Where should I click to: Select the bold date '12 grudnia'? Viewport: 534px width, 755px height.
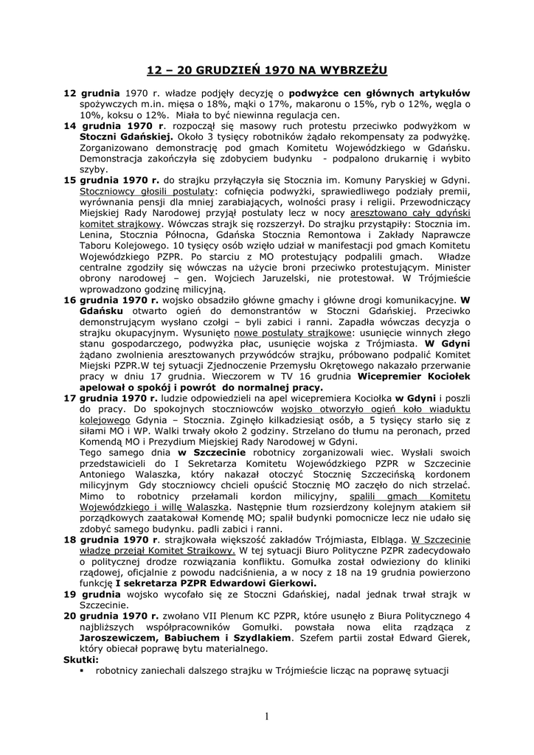(91, 94)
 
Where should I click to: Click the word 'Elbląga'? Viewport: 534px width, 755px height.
(386, 539)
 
